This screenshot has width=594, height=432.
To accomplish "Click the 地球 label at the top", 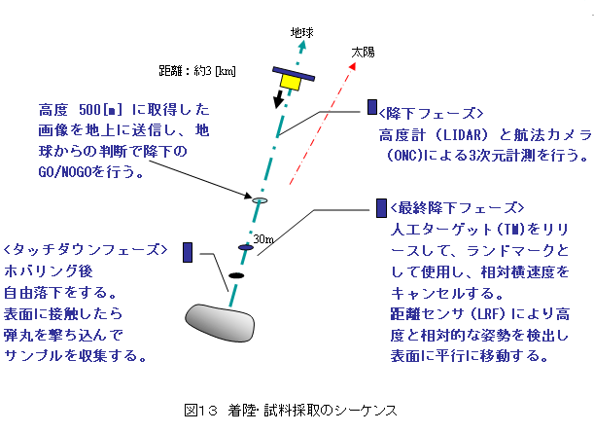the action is [302, 33].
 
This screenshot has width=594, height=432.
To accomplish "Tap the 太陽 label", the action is [363, 52].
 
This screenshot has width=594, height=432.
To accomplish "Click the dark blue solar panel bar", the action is [294, 74].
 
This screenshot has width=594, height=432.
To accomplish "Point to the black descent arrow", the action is [278, 99].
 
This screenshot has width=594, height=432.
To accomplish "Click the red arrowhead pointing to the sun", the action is [353, 66].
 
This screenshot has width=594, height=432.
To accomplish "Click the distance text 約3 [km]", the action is [215, 71].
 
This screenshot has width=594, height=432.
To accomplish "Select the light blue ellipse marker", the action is [260, 200].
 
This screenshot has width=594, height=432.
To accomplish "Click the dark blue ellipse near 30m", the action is [246, 248].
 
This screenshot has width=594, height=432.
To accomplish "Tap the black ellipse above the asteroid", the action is [236, 275].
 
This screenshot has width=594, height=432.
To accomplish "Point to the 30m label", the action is [263, 239].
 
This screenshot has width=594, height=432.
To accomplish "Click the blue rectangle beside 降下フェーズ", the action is [372, 107].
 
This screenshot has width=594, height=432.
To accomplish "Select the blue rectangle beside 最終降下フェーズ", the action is [381, 208].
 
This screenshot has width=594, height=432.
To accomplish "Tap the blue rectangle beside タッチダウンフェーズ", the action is [188, 252].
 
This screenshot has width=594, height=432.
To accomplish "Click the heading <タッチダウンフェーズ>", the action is [86, 249].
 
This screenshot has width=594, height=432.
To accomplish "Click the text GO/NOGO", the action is [65, 172].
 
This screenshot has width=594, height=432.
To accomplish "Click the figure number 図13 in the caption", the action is [201, 411].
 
